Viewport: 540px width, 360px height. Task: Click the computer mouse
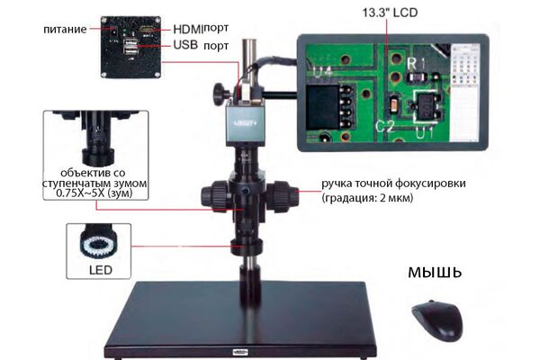437,320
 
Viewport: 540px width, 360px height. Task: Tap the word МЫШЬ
435,273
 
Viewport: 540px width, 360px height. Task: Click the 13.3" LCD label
390,13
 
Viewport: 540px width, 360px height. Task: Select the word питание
65,30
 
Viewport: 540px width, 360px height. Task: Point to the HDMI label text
188,30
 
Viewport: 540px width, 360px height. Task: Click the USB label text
185,45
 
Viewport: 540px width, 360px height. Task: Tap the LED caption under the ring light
101,270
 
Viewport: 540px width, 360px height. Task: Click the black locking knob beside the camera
221,94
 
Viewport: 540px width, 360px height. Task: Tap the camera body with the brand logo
245,125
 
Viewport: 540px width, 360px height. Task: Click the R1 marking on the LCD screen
416,64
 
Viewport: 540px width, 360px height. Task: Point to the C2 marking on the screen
385,126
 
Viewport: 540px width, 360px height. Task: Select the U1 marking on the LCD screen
424,133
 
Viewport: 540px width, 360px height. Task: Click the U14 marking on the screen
323,73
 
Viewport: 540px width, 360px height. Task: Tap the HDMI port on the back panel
148,31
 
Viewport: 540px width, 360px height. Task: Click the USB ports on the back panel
130,47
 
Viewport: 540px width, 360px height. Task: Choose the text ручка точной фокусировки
393,184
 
